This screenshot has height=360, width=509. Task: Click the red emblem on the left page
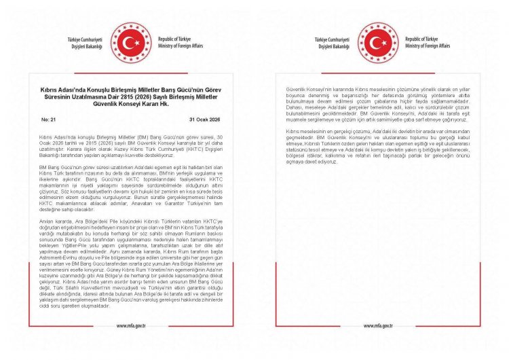point(132,43)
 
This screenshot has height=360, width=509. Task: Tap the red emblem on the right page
point(378,43)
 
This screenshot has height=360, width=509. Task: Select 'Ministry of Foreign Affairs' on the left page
point(180,46)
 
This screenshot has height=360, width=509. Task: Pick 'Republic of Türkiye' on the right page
point(424,39)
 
